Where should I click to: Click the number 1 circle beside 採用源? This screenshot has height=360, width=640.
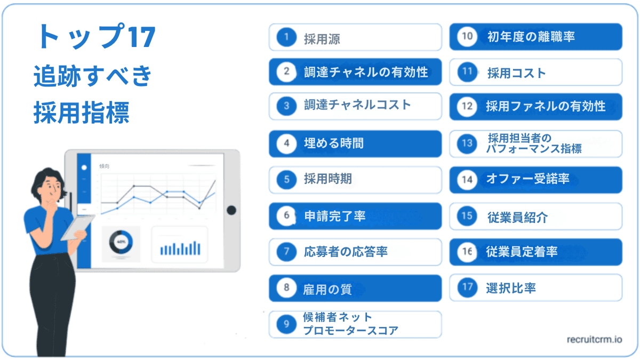pyautogui.click(x=286, y=37)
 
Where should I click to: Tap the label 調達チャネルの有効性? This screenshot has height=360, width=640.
pyautogui.click(x=366, y=72)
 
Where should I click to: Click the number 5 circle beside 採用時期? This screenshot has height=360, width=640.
pyautogui.click(x=286, y=180)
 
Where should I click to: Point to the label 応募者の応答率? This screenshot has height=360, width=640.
pyautogui.click(x=346, y=252)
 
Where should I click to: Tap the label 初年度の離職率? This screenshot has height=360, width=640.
pyautogui.click(x=531, y=36)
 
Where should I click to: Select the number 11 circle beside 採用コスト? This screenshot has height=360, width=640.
pyautogui.click(x=468, y=73)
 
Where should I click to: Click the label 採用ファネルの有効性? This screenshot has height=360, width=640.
pyautogui.click(x=546, y=106)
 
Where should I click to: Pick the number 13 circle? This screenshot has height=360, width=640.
pyautogui.click(x=468, y=143)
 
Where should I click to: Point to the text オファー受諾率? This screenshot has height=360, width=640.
pyautogui.click(x=527, y=179)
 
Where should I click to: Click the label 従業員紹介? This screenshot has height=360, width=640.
pyautogui.click(x=517, y=217)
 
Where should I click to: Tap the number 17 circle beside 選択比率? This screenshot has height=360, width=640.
pyautogui.click(x=468, y=288)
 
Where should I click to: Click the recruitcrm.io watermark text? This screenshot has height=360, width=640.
pyautogui.click(x=594, y=339)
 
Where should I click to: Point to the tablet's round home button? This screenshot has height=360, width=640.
pyautogui.click(x=231, y=210)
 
